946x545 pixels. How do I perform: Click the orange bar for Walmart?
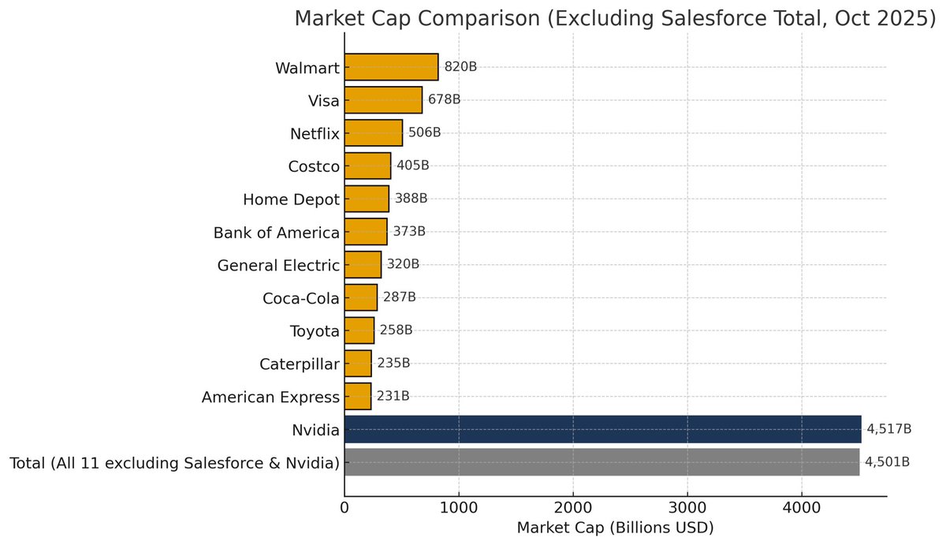coord(391,67)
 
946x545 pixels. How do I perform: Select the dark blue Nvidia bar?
coord(603,429)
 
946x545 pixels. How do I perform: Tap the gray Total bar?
coord(601,462)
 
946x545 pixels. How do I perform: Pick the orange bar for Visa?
coord(383,100)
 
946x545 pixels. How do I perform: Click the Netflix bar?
coord(374,133)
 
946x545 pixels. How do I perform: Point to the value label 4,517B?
coord(888,429)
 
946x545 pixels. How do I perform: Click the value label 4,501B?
coord(887,462)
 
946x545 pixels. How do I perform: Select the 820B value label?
coord(460,67)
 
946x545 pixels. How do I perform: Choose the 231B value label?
coord(393,396)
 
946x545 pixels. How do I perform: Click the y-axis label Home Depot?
coord(291,200)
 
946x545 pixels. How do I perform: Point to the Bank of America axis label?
coord(276,233)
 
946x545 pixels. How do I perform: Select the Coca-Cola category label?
coord(300,298)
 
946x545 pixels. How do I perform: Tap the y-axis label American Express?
coord(270,397)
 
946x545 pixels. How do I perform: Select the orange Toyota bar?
coord(359,330)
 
